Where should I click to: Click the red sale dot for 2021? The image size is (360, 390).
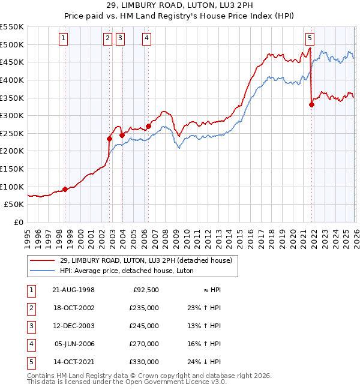[x=311, y=104]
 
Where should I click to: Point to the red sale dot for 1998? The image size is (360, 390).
[x=65, y=189]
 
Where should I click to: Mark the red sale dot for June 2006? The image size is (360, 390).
[x=148, y=126]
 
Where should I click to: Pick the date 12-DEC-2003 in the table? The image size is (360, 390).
[x=74, y=326]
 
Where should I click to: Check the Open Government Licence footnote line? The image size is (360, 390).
[x=119, y=382]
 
